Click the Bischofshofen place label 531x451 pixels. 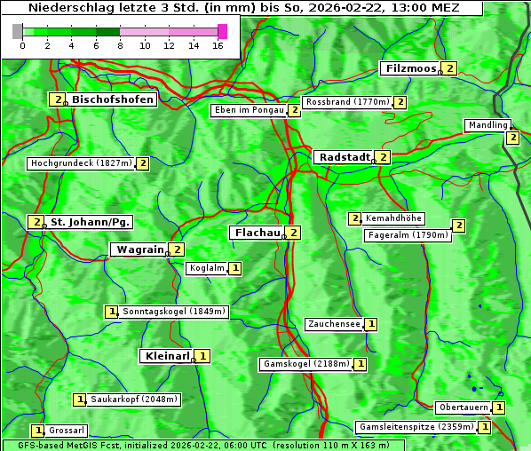pyautogui.click(x=113, y=99)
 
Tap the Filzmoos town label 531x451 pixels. pyautogui.click(x=410, y=68)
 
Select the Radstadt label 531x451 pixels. pyautogui.click(x=345, y=157)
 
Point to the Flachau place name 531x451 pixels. pyautogui.click(x=256, y=233)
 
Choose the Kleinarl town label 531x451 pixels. pyautogui.click(x=167, y=356)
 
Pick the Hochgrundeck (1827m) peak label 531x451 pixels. pyautogui.click(x=81, y=163)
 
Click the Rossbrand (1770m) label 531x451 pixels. pyautogui.click(x=347, y=102)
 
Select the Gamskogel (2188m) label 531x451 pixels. pyautogui.click(x=306, y=364)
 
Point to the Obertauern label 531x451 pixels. pyautogui.click(x=464, y=407)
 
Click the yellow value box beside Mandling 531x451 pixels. pyautogui.click(x=512, y=138)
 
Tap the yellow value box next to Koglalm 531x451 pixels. pyautogui.click(x=234, y=267)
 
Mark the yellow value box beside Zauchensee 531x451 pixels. pyautogui.click(x=371, y=324)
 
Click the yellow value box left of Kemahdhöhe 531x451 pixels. pyautogui.click(x=355, y=218)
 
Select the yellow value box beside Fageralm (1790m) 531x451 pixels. pyautogui.click(x=458, y=225)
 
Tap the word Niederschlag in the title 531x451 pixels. pyautogui.click(x=67, y=8)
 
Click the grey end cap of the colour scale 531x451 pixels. pyautogui.click(x=18, y=31)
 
